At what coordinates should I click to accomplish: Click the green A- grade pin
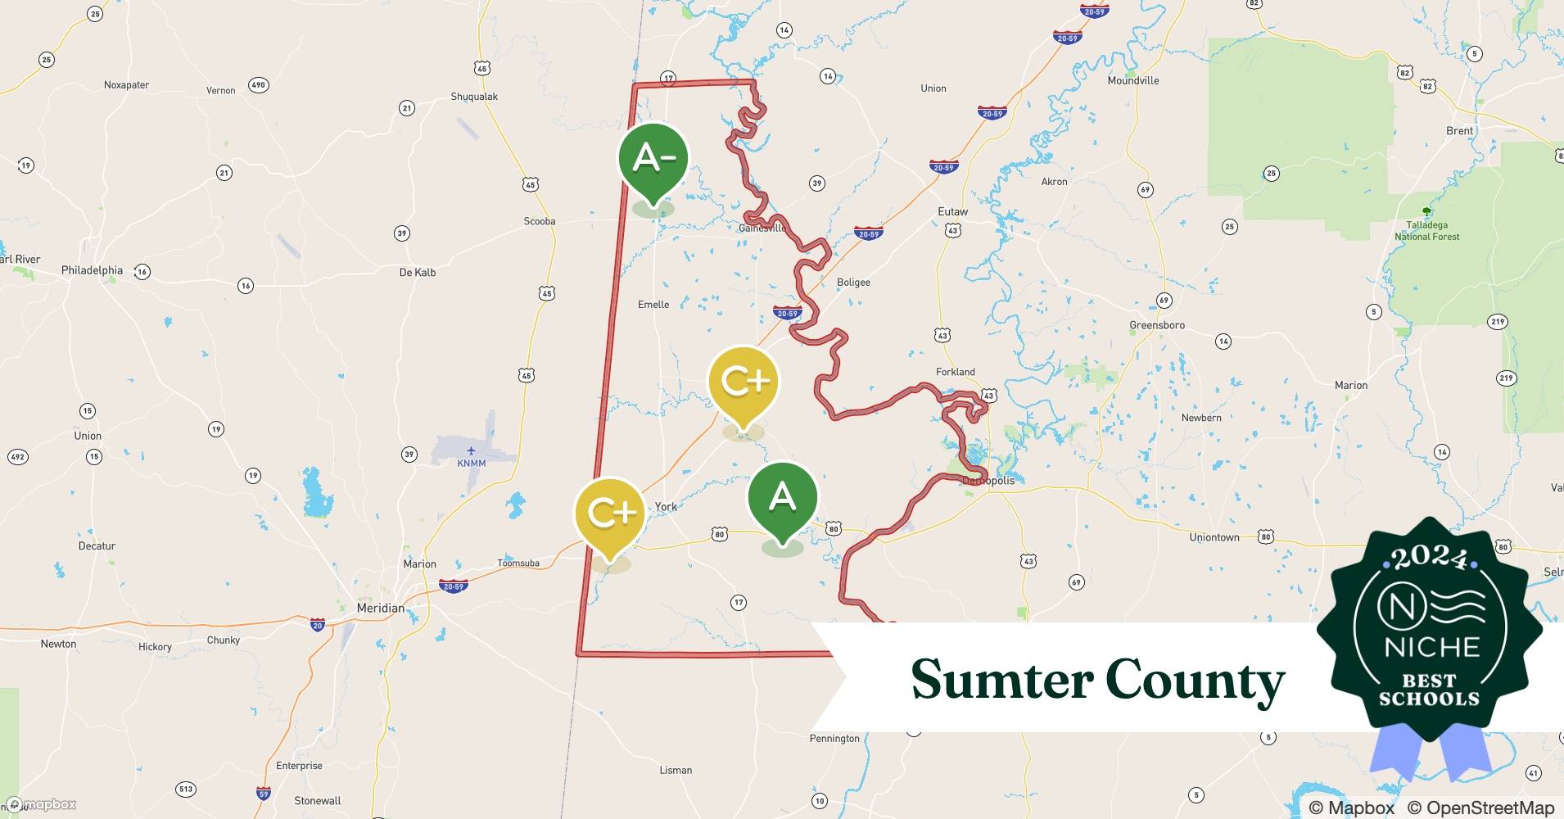point(653,159)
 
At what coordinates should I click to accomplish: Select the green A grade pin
point(782,499)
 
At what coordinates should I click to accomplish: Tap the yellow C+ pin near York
point(609,514)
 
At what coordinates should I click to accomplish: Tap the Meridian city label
point(381,608)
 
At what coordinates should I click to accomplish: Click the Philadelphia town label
point(92,270)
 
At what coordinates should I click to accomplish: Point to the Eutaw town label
point(952,211)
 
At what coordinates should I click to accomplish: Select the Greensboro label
point(1157,325)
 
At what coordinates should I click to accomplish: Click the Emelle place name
point(653,305)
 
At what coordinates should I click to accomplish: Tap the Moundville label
point(1133,80)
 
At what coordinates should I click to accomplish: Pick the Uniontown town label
point(1214,537)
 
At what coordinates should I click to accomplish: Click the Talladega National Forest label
point(1427,230)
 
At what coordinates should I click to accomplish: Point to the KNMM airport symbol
point(471,450)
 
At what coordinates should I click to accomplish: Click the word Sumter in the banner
point(1002,680)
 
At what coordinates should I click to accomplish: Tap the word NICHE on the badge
point(1432,647)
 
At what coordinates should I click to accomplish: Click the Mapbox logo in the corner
point(41,804)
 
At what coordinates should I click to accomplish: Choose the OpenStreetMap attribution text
point(1480,808)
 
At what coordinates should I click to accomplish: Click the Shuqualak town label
point(474,97)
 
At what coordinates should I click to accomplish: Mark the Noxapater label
point(127,85)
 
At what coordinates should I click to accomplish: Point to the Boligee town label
point(853,283)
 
